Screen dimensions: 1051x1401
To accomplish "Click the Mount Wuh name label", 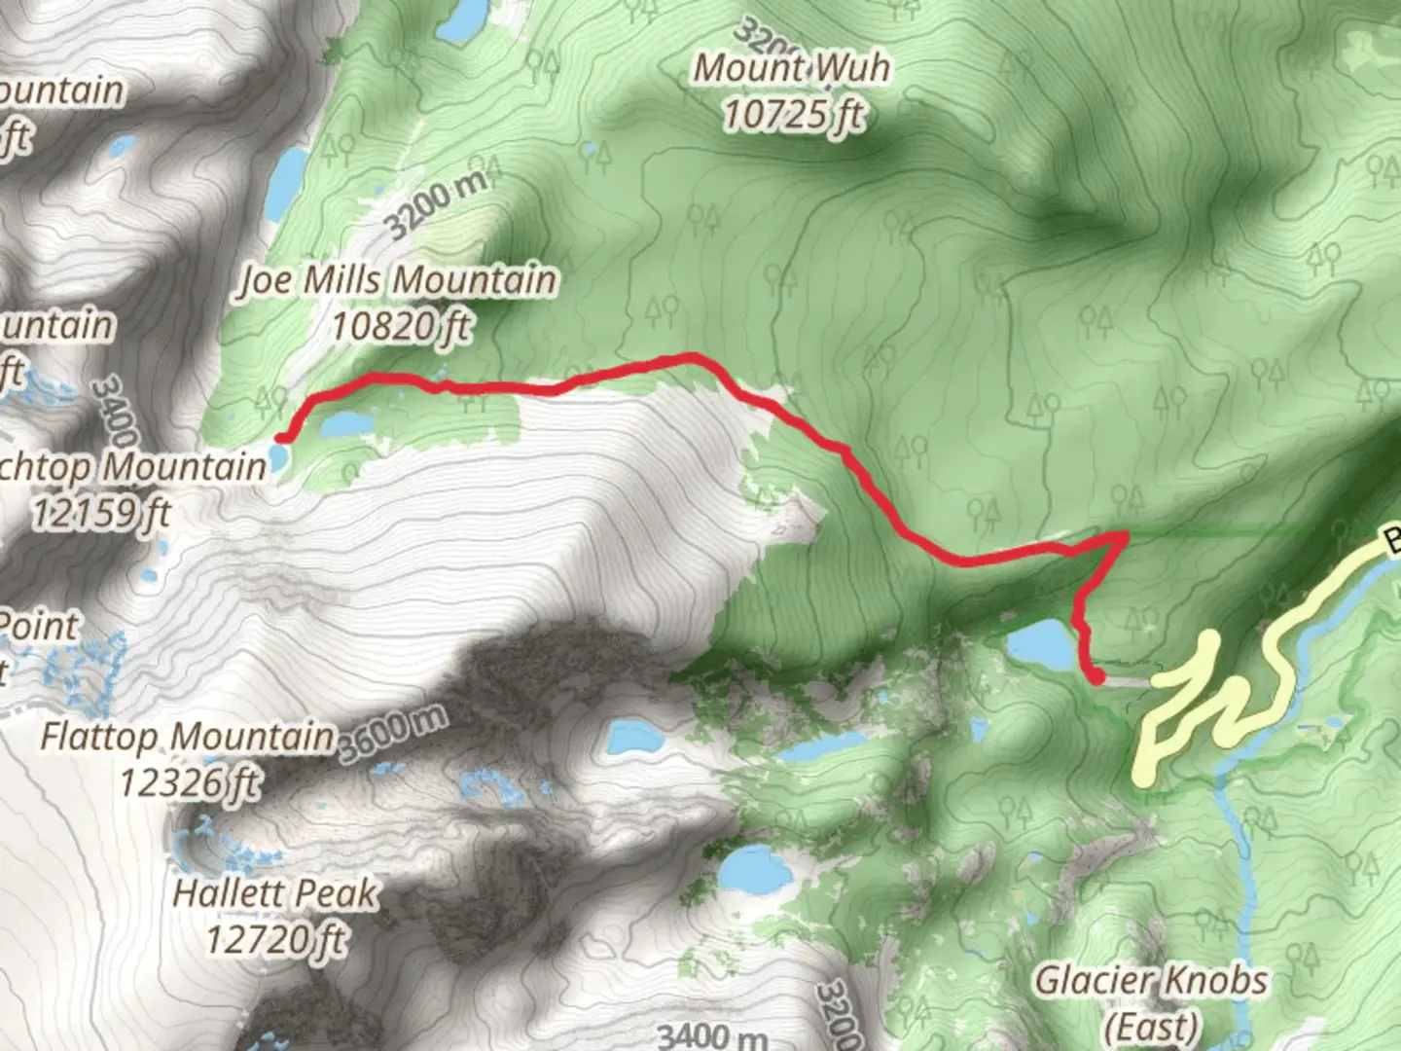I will [791, 68].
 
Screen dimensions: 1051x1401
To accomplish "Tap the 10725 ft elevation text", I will [793, 115].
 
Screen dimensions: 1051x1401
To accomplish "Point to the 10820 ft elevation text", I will [400, 325].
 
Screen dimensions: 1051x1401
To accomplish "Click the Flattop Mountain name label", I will [188, 736].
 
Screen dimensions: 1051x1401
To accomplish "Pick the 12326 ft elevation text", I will [190, 780].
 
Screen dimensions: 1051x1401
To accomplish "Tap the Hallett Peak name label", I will [275, 893].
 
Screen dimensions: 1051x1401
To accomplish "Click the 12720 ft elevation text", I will [275, 939].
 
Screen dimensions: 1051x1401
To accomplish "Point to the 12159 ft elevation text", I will [101, 512].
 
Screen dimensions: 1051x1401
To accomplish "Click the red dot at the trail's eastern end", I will [1096, 677].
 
